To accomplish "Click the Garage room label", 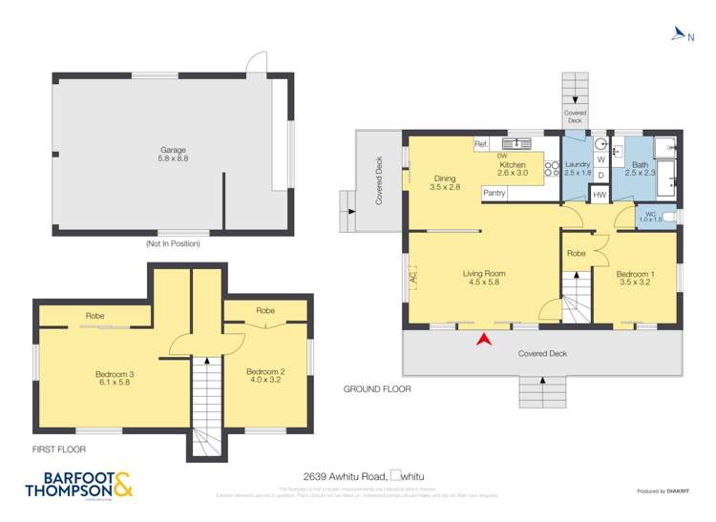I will click(173, 155).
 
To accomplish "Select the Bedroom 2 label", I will click(266, 376).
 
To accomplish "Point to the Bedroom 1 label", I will click(634, 280).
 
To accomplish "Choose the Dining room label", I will click(445, 183).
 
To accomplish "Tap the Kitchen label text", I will click(513, 169).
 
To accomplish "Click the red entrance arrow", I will click(484, 338).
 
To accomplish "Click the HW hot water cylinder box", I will click(600, 195).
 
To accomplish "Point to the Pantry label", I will click(494, 193).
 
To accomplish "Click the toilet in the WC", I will click(668, 219).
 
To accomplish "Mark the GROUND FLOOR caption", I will click(377, 389).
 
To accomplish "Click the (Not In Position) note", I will click(173, 244).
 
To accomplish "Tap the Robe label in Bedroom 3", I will click(95, 316).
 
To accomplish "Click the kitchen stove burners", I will click(551, 169).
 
